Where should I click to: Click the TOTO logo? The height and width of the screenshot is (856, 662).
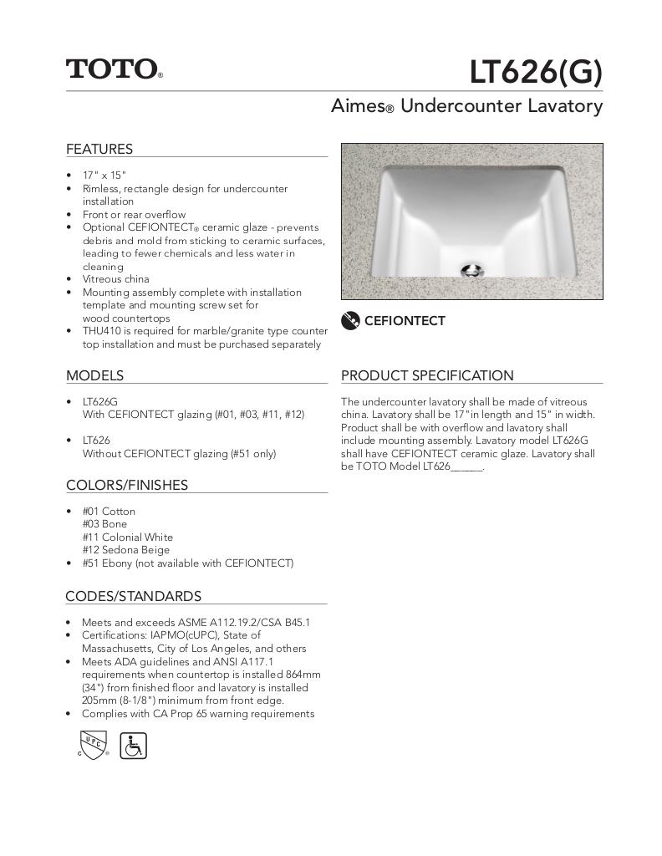point(114,69)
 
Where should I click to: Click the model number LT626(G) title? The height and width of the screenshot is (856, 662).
point(535,73)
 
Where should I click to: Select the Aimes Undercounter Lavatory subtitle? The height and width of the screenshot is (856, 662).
point(466,106)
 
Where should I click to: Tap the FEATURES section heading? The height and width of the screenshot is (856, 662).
point(99,149)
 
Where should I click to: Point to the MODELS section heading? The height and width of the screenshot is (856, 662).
point(94,375)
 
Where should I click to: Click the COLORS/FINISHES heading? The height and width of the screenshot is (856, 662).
point(127,485)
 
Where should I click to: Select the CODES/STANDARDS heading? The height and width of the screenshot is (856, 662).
point(133,596)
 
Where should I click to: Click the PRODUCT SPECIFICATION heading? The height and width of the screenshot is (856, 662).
point(427,375)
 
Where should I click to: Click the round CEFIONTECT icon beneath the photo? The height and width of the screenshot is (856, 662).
point(351,320)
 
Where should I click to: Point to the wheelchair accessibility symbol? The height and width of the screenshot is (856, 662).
point(134,745)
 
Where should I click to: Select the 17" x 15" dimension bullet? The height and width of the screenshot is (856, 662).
point(104,176)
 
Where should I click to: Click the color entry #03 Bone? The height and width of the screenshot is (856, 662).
point(104,524)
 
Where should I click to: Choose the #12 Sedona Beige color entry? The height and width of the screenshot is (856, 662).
point(125,550)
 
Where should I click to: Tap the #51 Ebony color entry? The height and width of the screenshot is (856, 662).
point(187,563)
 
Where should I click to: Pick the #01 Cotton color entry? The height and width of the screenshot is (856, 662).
point(109,511)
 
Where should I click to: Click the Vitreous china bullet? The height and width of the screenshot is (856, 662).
point(115,279)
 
